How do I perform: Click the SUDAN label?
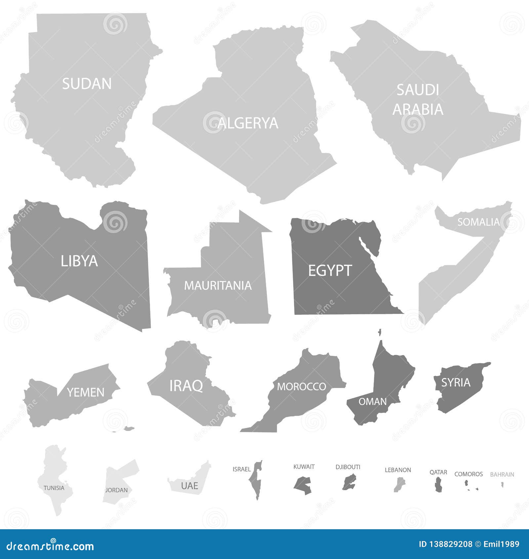click(87, 84)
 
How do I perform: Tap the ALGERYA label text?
click(248, 123)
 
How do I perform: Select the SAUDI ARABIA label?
click(418, 100)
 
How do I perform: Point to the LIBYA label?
click(79, 261)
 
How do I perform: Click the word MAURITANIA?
click(218, 285)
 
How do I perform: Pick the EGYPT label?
click(330, 271)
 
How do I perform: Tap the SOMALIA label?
click(478, 222)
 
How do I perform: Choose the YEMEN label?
click(86, 392)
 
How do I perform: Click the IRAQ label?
click(186, 386)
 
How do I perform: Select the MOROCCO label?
click(301, 387)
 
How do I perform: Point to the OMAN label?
click(373, 402)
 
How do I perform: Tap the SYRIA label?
click(456, 383)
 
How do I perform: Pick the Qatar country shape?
click(438, 485)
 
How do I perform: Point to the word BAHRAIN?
click(502, 474)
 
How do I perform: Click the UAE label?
click(189, 486)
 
